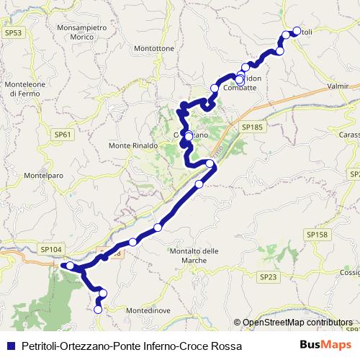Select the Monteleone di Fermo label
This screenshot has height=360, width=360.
[27, 89]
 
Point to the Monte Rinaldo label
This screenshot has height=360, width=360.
[132, 145]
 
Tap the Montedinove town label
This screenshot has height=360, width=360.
[148, 310]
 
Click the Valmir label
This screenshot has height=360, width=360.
[337, 86]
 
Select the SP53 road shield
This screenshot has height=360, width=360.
[13, 32]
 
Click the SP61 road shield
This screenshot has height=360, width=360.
[63, 134]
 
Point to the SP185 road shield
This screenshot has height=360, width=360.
[253, 127]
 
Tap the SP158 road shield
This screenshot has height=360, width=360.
[317, 235]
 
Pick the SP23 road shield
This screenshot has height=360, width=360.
[268, 276]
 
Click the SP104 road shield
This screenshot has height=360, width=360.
[52, 249]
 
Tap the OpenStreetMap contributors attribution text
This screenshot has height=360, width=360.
[297, 323]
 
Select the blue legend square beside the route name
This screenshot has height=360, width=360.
[11, 346]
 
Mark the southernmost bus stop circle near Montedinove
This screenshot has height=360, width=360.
[98, 310]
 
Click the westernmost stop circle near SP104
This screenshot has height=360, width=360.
[70, 266]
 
